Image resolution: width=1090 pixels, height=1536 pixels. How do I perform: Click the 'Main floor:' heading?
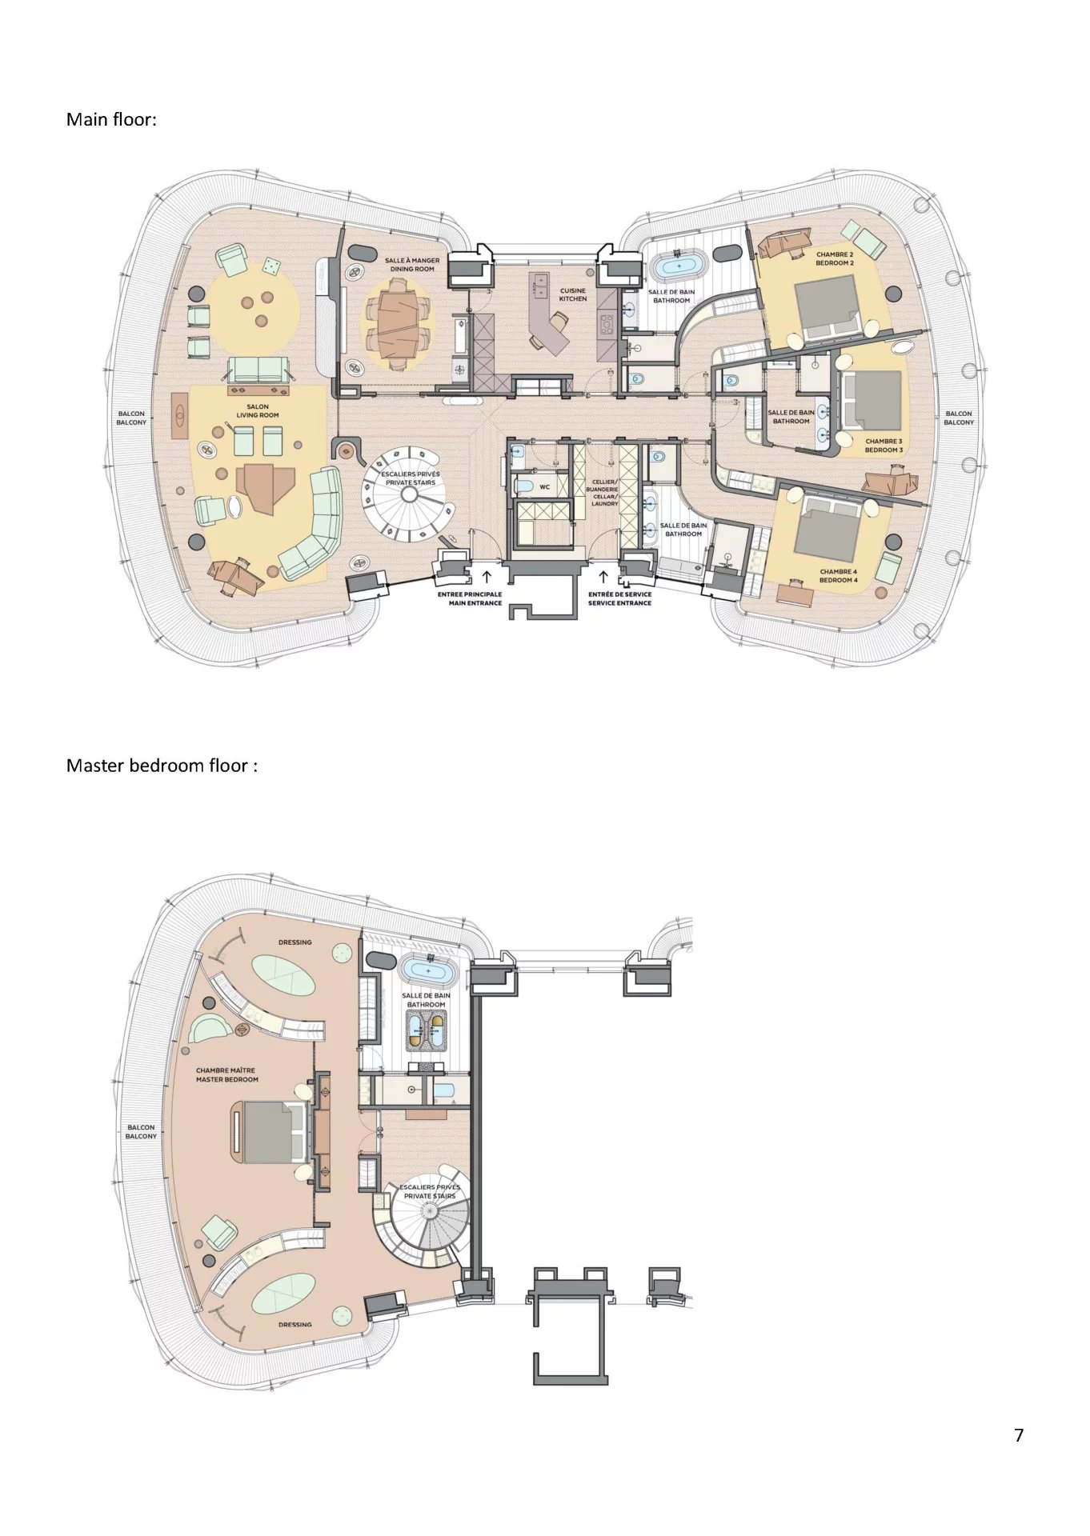111,120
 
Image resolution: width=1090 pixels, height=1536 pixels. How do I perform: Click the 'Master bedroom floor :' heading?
162,766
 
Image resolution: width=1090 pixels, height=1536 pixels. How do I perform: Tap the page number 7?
1019,1435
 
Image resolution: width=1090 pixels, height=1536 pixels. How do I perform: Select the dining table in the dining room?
397,330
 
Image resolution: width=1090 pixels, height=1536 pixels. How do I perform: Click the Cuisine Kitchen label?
573,295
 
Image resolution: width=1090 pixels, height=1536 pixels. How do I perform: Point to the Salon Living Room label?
258,411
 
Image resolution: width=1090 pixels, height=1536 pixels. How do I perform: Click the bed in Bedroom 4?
833,529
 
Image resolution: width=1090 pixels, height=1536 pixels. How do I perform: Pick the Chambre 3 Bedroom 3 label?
884,446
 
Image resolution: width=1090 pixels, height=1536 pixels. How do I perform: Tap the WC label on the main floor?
544,486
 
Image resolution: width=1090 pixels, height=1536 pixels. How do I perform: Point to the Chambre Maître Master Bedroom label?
227,1074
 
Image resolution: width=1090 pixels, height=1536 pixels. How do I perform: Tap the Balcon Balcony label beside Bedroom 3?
958,418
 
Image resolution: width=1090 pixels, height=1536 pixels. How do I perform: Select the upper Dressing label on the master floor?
295,942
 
